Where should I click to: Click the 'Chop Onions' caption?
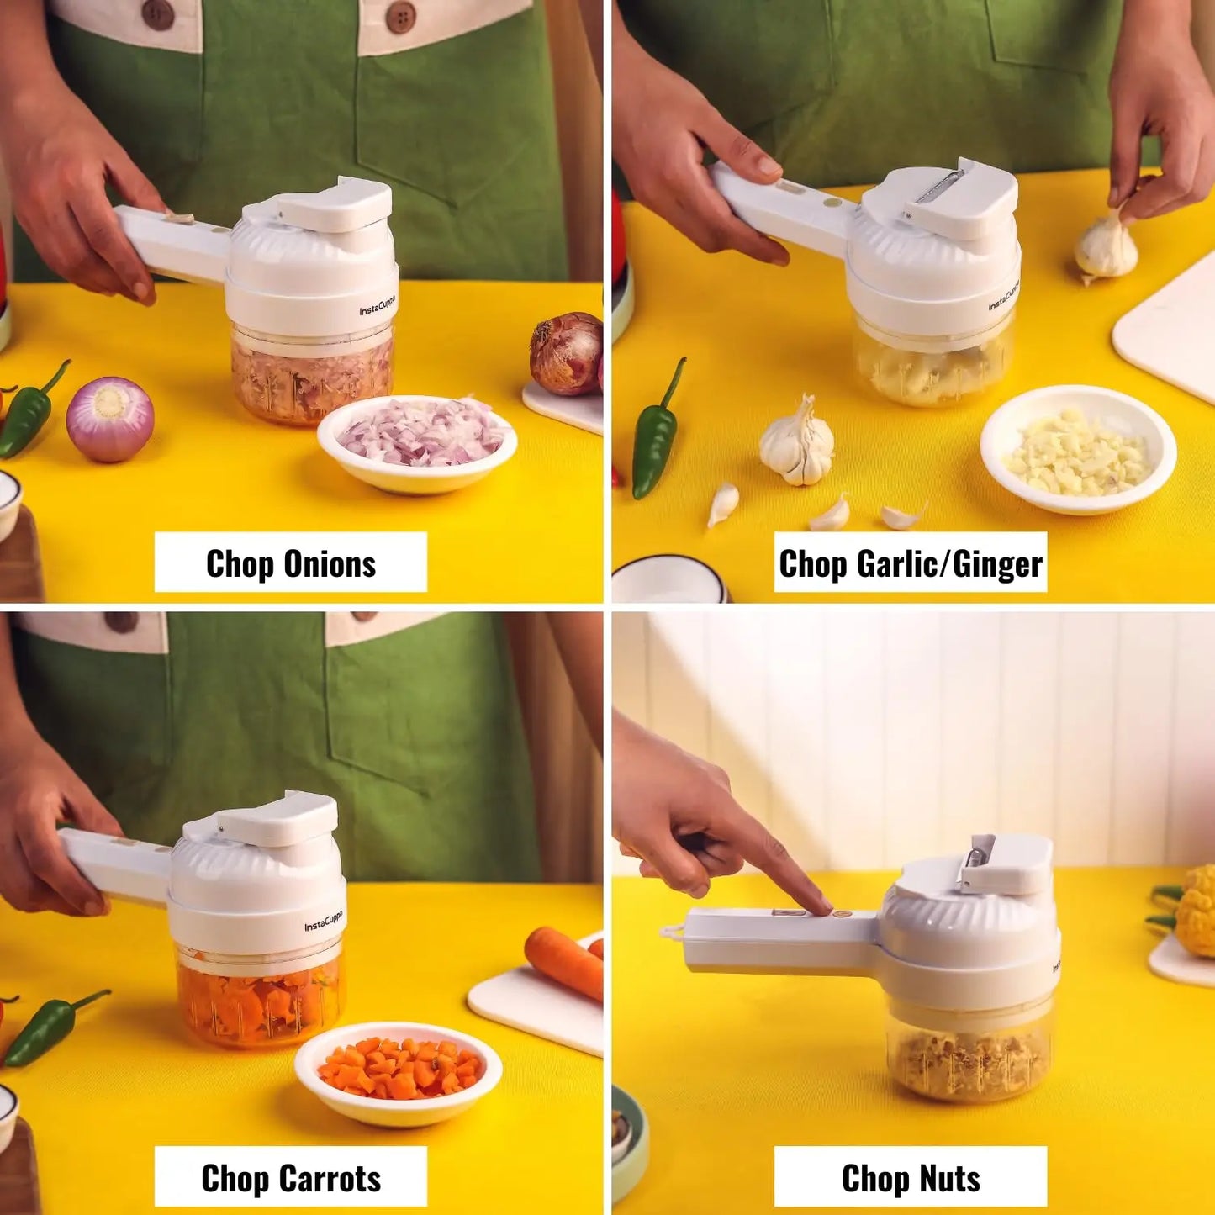tap(290, 563)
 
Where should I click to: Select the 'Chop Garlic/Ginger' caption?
tap(910, 563)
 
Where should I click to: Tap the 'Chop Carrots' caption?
tap(290, 1178)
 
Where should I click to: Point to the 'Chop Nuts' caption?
tap(910, 1178)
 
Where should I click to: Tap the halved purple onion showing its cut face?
tap(110, 418)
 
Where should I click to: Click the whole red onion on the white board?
tap(567, 353)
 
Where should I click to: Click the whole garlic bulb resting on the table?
tap(797, 443)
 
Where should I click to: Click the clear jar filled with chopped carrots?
tap(260, 996)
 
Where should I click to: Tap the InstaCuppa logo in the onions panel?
tap(378, 307)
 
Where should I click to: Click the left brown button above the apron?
tap(157, 13)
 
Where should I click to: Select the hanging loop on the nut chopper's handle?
tap(671, 931)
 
